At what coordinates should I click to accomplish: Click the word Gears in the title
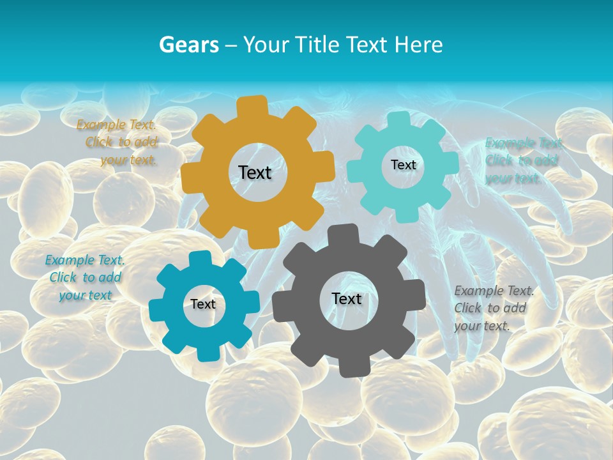(x=188, y=45)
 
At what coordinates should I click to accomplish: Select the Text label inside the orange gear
(x=255, y=172)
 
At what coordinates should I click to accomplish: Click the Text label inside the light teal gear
(x=403, y=165)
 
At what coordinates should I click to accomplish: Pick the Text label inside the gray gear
(x=347, y=298)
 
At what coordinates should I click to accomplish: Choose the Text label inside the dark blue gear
(x=203, y=304)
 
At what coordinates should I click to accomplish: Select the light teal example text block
(x=522, y=160)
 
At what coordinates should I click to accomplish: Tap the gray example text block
(x=492, y=308)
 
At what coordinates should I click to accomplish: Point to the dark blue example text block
(x=84, y=277)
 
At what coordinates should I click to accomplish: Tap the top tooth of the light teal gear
(x=399, y=120)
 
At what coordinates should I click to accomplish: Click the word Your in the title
(x=262, y=45)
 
